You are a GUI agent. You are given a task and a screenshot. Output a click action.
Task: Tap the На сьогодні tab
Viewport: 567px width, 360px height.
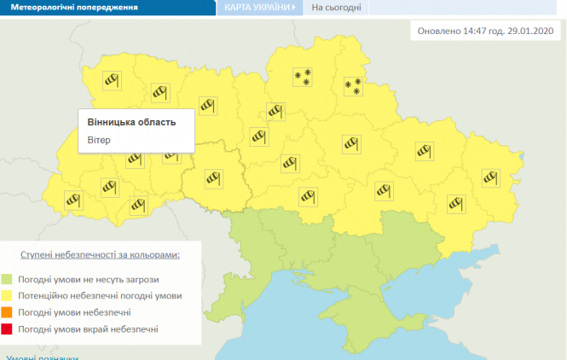336,9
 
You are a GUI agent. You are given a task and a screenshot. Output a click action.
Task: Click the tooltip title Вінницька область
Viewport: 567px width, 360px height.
132,122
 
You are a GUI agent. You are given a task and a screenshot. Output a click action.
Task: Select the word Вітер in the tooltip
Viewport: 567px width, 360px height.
100,139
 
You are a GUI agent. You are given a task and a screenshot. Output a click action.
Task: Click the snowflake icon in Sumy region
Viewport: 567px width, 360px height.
352,86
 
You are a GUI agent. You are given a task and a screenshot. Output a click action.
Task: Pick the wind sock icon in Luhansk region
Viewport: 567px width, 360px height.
490,177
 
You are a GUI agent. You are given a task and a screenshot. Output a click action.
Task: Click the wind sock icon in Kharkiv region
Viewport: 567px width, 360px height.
425,151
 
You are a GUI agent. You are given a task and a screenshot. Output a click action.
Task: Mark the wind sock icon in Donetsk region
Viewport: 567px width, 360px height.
455,203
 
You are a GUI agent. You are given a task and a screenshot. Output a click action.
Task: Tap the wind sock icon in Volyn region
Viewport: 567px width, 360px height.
111,79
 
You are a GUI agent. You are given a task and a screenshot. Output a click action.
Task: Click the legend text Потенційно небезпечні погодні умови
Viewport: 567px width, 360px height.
106,296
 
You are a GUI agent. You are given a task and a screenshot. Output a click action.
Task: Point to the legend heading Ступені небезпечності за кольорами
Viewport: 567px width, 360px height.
101,255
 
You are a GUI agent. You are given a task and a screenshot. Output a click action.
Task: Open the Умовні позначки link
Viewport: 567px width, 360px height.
43,357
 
